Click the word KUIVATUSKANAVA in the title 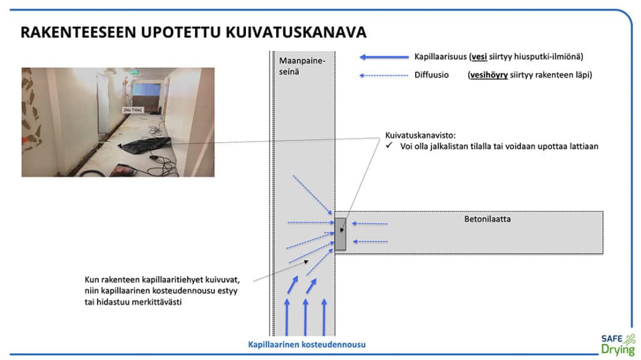pyautogui.click(x=296, y=33)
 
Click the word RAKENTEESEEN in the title pyautogui.click(x=78, y=33)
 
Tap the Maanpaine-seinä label pyautogui.click(x=302, y=66)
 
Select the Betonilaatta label pyautogui.click(x=487, y=219)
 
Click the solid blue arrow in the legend pyautogui.click(x=384, y=57)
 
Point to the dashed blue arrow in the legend pyautogui.click(x=384, y=75)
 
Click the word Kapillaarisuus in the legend pyautogui.click(x=440, y=57)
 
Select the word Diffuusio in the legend pyautogui.click(x=431, y=75)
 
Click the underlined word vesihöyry pyautogui.click(x=489, y=75)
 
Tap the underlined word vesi pyautogui.click(x=479, y=57)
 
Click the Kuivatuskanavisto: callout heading pyautogui.click(x=420, y=135)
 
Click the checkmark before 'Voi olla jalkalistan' pyautogui.click(x=389, y=145)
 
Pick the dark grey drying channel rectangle pyautogui.click(x=341, y=234)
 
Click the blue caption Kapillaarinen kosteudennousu pyautogui.click(x=307, y=344)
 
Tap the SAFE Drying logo pyautogui.click(x=618, y=345)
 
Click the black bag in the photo pyautogui.click(x=146, y=145)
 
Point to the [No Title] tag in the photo pyautogui.click(x=133, y=110)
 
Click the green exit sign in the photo pyautogui.click(x=134, y=72)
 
